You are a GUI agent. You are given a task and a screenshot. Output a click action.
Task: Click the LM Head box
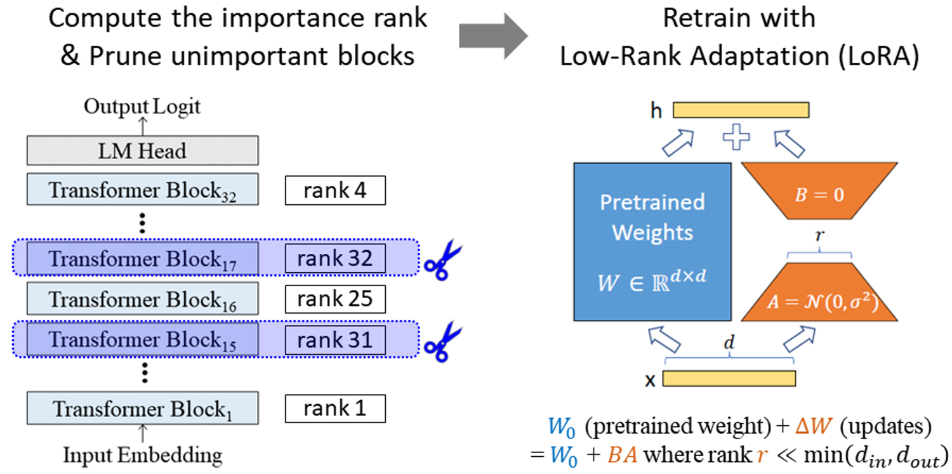(x=142, y=150)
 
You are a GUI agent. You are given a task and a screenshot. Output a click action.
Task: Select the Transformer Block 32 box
(x=142, y=190)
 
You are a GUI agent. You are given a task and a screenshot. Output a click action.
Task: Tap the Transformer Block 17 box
(x=142, y=259)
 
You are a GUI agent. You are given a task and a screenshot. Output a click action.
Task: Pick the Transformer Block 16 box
(x=142, y=299)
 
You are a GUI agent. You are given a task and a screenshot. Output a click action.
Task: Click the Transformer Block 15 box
(x=142, y=339)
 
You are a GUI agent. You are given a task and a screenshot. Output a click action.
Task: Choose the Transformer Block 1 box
(x=142, y=408)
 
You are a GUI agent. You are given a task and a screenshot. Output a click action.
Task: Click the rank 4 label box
(x=335, y=190)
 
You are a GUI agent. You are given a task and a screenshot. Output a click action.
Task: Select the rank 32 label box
(x=335, y=259)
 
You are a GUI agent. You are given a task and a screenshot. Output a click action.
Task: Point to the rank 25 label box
(x=335, y=299)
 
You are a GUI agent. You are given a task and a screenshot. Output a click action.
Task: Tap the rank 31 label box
(x=335, y=339)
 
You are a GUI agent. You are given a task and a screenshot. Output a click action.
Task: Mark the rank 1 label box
(x=335, y=408)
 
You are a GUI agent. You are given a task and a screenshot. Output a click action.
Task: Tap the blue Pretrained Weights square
(x=652, y=241)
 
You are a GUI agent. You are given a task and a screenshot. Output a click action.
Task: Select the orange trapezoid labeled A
(x=820, y=293)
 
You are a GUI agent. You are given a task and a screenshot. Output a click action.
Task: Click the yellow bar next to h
(x=741, y=110)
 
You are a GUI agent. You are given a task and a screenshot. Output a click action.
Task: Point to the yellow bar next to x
(x=729, y=378)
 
